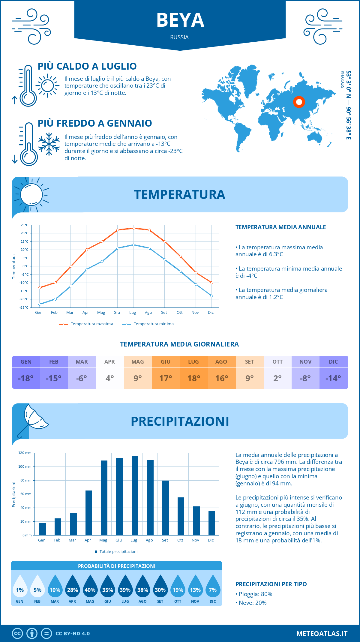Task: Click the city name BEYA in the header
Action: pyautogui.click(x=180, y=20)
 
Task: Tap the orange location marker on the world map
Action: pyautogui.click(x=299, y=102)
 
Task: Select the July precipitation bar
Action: pyautogui.click(x=135, y=496)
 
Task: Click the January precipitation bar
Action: pyautogui.click(x=43, y=529)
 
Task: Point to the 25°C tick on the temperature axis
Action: pyautogui.click(x=25, y=225)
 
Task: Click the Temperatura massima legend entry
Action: pyautogui.click(x=86, y=324)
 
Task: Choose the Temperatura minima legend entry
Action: pyautogui.click(x=148, y=324)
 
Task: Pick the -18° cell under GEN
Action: pyautogui.click(x=26, y=378)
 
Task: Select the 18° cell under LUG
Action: pyautogui.click(x=193, y=378)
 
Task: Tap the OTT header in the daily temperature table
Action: pyautogui.click(x=277, y=362)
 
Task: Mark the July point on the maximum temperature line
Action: pyautogui.click(x=133, y=228)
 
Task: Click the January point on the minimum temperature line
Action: pyautogui.click(x=40, y=304)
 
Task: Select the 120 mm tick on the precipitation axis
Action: pyautogui.click(x=25, y=453)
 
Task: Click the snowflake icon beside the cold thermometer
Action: pyautogui.click(x=49, y=144)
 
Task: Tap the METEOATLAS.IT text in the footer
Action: pyautogui.click(x=322, y=634)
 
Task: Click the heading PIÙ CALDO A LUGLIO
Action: pyautogui.click(x=87, y=66)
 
